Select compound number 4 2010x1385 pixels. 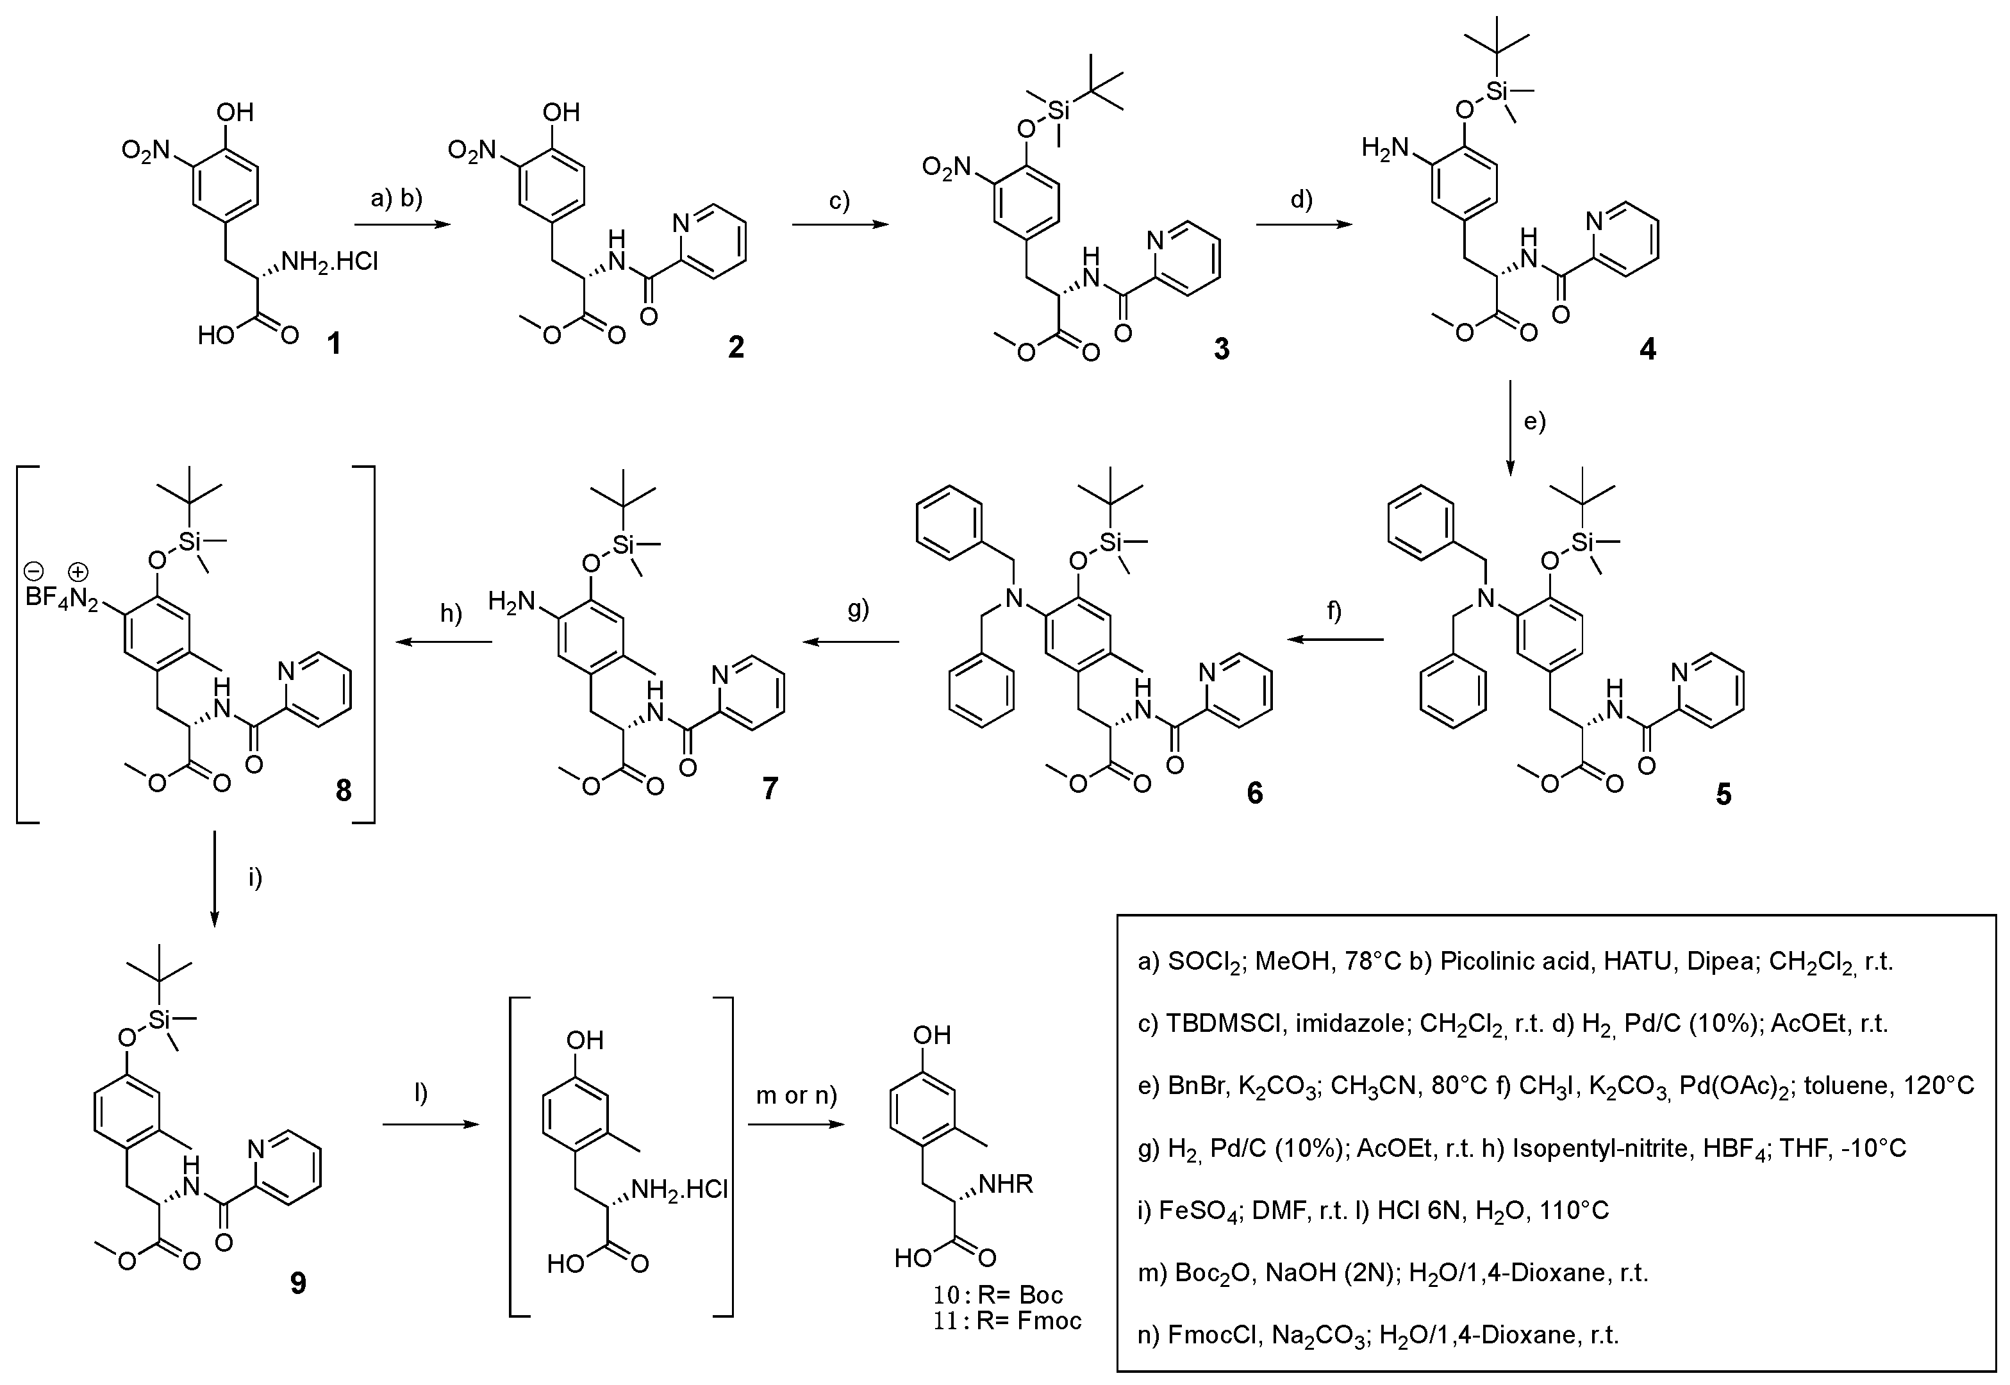(1647, 349)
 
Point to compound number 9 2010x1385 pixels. (297, 1282)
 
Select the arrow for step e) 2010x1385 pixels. (1510, 427)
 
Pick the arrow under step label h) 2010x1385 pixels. (444, 642)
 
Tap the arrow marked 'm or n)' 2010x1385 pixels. (796, 1125)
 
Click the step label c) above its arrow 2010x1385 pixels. (839, 201)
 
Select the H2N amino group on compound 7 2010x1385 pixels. (513, 601)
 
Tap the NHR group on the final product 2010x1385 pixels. (1007, 1184)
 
